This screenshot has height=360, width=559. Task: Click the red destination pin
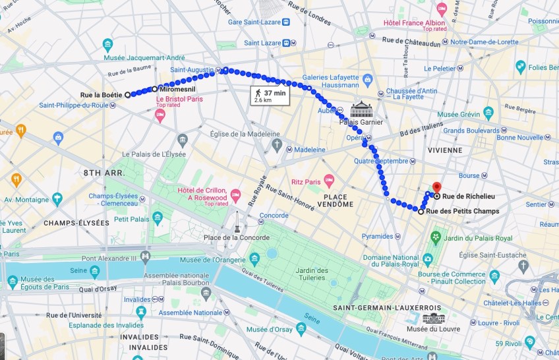[x=436, y=188]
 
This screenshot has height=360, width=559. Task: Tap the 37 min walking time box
[x=270, y=96]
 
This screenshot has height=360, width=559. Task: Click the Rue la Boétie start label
[x=101, y=95]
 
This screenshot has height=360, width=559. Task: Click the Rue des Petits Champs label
[x=462, y=212]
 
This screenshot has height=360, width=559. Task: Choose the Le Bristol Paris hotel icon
[x=160, y=115]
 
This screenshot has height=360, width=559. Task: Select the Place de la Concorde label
[x=236, y=237]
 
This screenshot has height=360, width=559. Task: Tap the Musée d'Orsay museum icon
[x=301, y=328]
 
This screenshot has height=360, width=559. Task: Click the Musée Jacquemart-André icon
[x=107, y=45]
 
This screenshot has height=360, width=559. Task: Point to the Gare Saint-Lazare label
[x=252, y=22]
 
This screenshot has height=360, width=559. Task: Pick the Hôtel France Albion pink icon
[x=442, y=9]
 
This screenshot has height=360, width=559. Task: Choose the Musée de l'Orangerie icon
[x=254, y=258]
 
